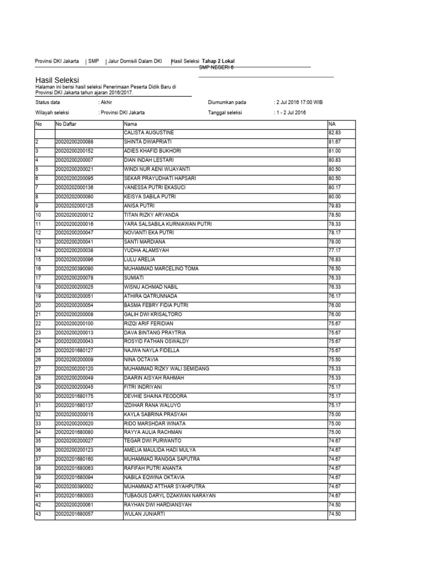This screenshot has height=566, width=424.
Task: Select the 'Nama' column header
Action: (x=131, y=124)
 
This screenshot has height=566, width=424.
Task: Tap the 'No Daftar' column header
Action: (x=67, y=124)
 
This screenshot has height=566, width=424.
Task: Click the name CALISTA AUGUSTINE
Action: (x=149, y=133)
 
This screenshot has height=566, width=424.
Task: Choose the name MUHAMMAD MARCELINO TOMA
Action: (x=161, y=268)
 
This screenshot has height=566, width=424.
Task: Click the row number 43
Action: (x=39, y=514)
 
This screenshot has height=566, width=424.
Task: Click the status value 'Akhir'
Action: (x=105, y=102)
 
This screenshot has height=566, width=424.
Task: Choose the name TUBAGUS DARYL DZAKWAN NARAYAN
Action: (x=169, y=496)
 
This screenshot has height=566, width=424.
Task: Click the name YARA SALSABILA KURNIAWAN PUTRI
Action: (x=168, y=223)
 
